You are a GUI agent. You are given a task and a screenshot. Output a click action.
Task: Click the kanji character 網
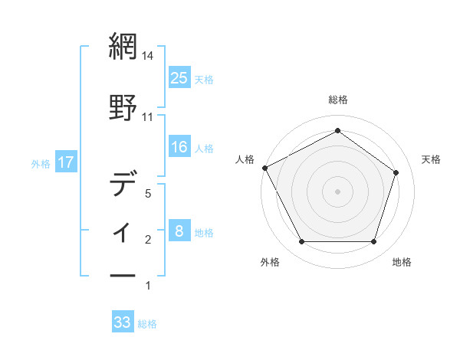(x=123, y=45)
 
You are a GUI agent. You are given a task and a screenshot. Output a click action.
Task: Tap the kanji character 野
(x=123, y=105)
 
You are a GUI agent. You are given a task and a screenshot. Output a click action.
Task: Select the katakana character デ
(x=123, y=185)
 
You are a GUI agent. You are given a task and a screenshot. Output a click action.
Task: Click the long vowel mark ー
(x=123, y=275)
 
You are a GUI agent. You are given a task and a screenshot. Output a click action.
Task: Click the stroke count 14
(x=149, y=56)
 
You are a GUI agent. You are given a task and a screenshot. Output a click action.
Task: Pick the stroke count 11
(x=148, y=116)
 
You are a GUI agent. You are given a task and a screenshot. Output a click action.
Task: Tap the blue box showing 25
(x=179, y=77)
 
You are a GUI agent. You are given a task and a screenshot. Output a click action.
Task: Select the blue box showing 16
(x=179, y=147)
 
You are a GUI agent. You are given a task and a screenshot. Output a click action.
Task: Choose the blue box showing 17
(x=65, y=162)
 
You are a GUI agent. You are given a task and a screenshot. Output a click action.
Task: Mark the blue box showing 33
(x=123, y=322)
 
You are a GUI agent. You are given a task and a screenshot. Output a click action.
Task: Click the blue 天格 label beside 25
(x=203, y=79)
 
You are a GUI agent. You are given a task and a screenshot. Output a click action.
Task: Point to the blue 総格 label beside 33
(x=147, y=324)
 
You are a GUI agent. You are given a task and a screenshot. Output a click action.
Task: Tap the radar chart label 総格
(x=337, y=100)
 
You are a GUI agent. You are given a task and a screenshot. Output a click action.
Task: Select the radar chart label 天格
(x=432, y=159)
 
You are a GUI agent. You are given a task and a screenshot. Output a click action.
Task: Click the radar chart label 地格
(x=402, y=262)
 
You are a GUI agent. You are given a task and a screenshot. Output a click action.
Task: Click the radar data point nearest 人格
(x=264, y=168)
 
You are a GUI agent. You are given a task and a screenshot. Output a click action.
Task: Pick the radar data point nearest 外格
(x=301, y=242)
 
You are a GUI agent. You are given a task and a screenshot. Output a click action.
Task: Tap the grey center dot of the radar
(x=337, y=191)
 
